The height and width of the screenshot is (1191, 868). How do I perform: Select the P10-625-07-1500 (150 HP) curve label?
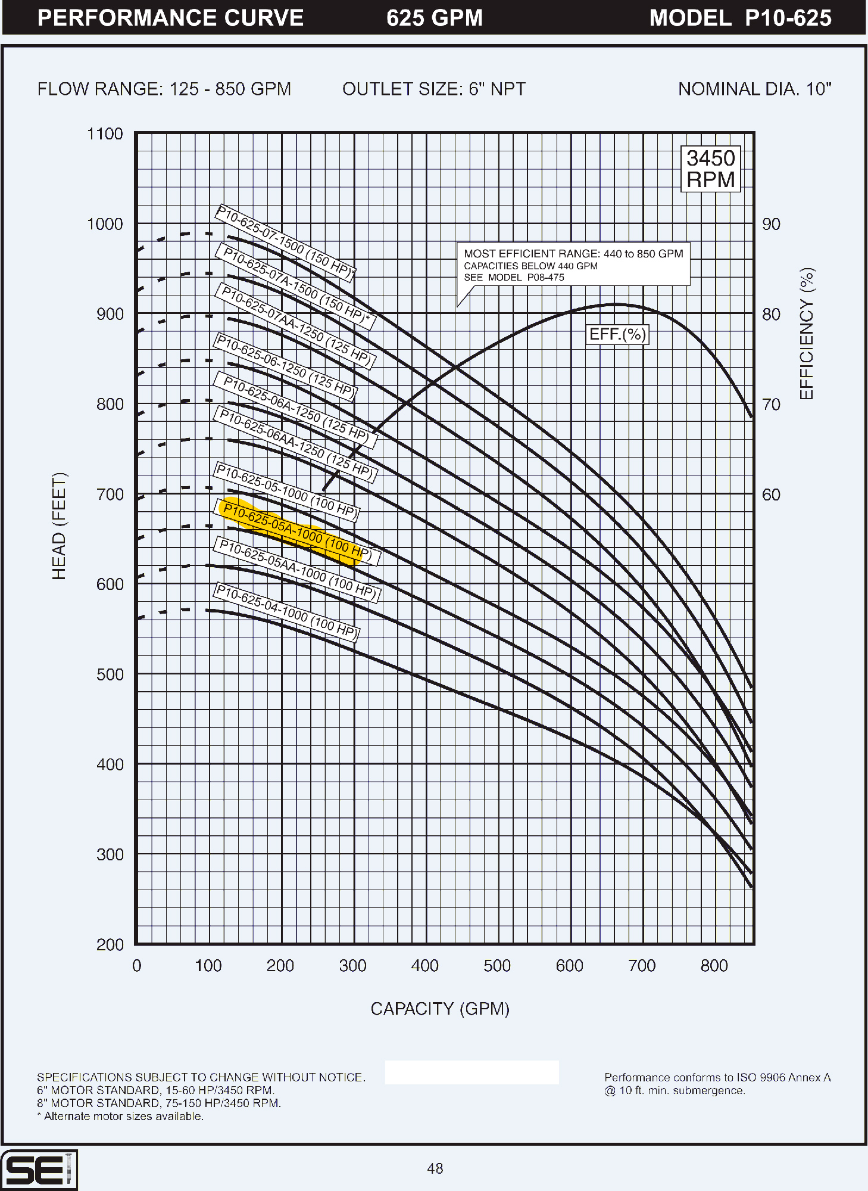(x=285, y=242)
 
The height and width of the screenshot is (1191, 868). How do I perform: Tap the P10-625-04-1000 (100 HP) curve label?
(x=286, y=612)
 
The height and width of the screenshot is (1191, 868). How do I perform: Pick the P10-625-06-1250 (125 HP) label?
(x=286, y=366)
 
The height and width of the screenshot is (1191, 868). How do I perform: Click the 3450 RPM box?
(x=710, y=169)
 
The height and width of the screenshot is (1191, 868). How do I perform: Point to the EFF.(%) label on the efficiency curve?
(x=617, y=334)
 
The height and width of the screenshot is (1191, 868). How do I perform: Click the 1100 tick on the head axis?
(x=105, y=134)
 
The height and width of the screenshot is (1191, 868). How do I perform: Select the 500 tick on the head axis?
(x=110, y=674)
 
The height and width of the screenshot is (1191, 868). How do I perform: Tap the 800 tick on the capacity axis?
(x=714, y=966)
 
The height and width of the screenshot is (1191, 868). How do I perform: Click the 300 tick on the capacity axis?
(x=352, y=966)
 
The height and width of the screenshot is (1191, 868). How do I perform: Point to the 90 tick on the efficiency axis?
(x=771, y=225)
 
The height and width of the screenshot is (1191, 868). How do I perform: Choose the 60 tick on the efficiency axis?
(x=771, y=495)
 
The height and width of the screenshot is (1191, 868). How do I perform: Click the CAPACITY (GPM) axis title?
(x=440, y=1009)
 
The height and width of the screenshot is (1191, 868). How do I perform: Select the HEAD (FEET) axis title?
(x=59, y=526)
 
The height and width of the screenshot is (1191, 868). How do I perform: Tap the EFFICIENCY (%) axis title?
(x=807, y=334)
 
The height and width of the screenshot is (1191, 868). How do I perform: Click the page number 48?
(x=435, y=1168)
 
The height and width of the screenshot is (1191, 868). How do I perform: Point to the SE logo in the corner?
(x=39, y=1170)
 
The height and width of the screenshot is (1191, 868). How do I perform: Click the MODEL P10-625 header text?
(x=740, y=18)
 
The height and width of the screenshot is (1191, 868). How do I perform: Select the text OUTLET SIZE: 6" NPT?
(x=433, y=89)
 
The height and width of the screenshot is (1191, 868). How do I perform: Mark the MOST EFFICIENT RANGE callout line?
(x=573, y=254)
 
